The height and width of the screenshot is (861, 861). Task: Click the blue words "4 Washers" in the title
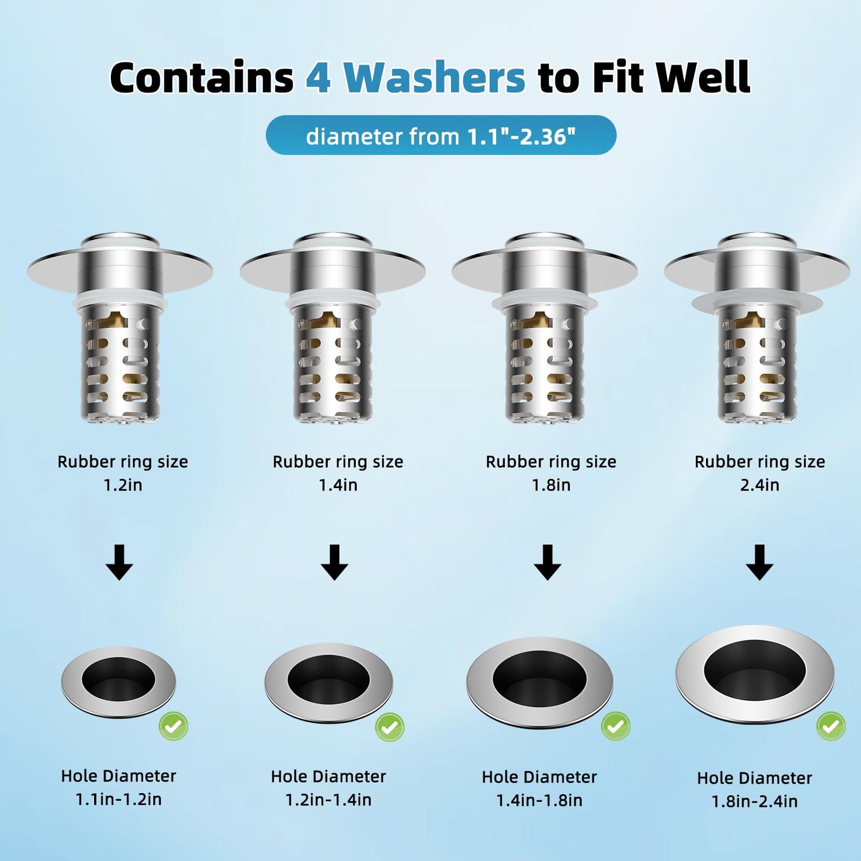415,77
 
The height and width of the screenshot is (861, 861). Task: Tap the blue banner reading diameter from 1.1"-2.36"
440,136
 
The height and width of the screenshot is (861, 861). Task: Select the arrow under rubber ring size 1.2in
119,562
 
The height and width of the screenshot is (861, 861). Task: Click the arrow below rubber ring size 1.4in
334,562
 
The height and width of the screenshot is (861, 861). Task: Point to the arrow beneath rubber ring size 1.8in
547,562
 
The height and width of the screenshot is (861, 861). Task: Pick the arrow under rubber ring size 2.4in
759,562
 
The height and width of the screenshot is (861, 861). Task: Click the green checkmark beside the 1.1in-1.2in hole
173,726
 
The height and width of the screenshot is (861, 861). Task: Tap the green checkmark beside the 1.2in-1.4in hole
390,727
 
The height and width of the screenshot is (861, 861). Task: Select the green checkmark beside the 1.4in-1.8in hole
616,726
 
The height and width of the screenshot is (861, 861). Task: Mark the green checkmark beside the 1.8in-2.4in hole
831,726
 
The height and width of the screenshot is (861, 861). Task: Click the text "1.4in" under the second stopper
338,485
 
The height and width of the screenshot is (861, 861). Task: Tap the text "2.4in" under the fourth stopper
760,485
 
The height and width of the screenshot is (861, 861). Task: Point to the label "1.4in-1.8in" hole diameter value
539,800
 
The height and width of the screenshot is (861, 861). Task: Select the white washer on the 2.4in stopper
757,302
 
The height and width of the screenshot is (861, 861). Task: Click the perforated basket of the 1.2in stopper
120,366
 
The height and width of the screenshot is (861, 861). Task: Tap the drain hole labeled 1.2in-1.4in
328,679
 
